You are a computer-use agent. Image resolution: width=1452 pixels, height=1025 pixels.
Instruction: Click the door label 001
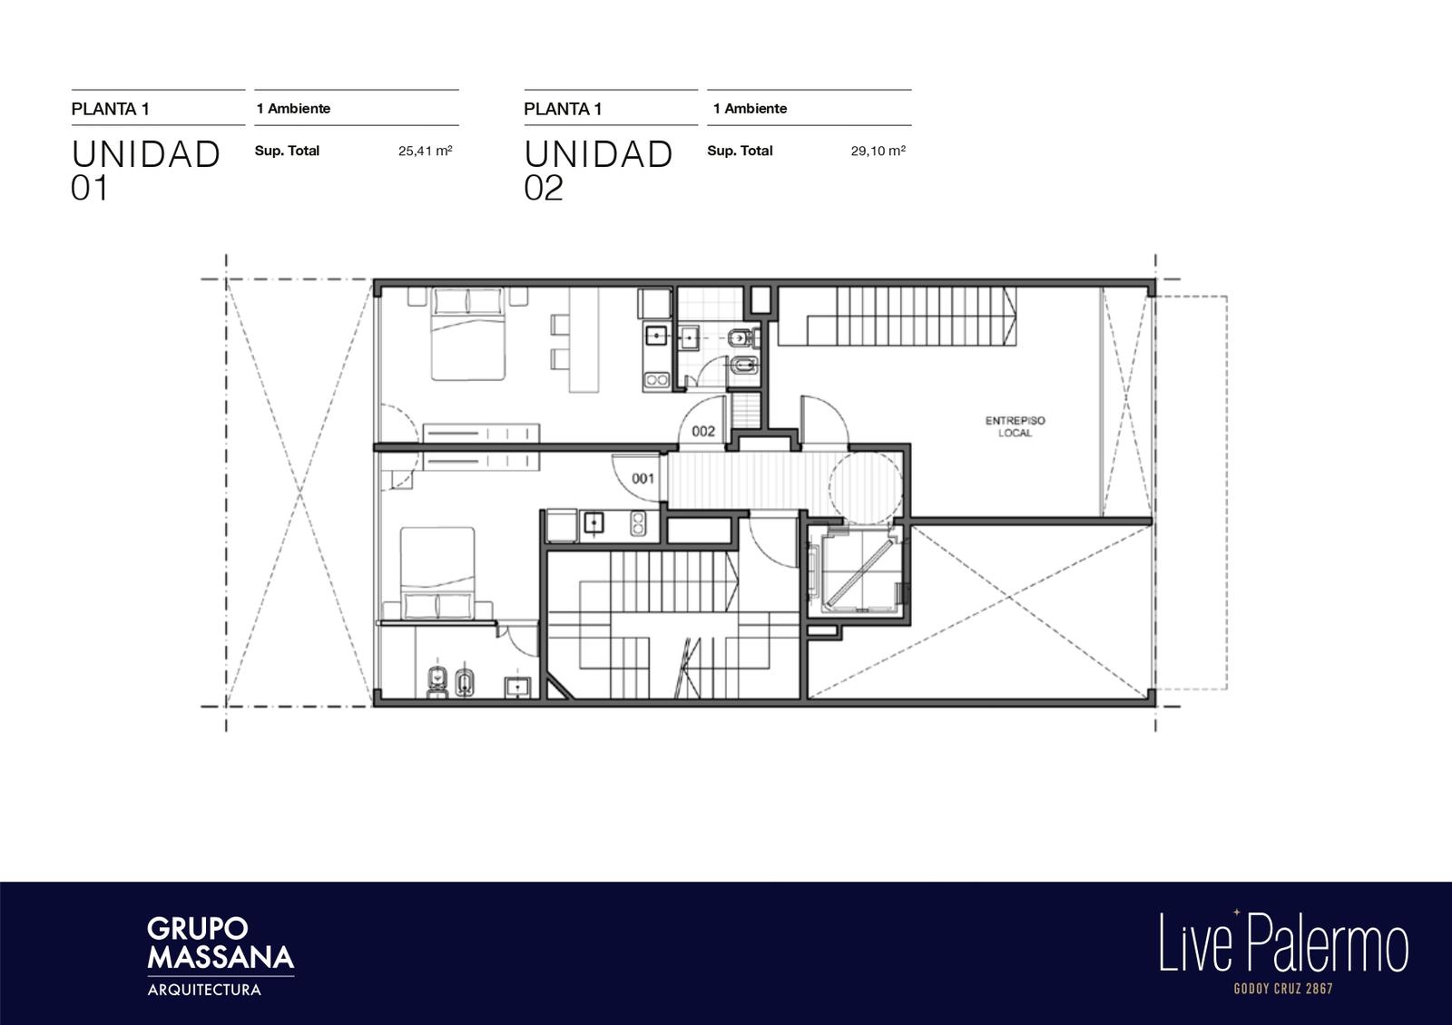pos(643,479)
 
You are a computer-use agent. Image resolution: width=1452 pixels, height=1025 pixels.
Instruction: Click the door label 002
pos(703,432)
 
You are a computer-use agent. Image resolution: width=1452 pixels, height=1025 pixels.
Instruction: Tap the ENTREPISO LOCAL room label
pos(1015,426)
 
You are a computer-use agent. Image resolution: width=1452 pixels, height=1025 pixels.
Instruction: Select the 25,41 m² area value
pos(426,151)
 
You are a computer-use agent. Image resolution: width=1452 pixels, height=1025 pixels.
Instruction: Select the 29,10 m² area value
pos(878,151)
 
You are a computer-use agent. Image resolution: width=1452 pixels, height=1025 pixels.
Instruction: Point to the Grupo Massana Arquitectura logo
pos(221,956)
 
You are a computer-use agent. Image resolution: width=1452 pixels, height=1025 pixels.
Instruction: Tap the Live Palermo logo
pos(1283,942)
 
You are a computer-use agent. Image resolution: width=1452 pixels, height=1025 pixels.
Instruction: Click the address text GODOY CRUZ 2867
pos(1283,989)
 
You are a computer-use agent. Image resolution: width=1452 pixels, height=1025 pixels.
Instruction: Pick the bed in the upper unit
pos(468,335)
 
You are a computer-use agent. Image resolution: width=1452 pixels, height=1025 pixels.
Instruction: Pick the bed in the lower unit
pos(437,573)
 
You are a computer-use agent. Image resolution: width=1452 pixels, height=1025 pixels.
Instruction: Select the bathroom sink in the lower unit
pos(518,687)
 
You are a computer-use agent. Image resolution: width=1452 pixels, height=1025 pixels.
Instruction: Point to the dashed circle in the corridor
pos(865,488)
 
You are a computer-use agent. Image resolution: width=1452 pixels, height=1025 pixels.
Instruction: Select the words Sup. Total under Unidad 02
pos(740,151)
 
